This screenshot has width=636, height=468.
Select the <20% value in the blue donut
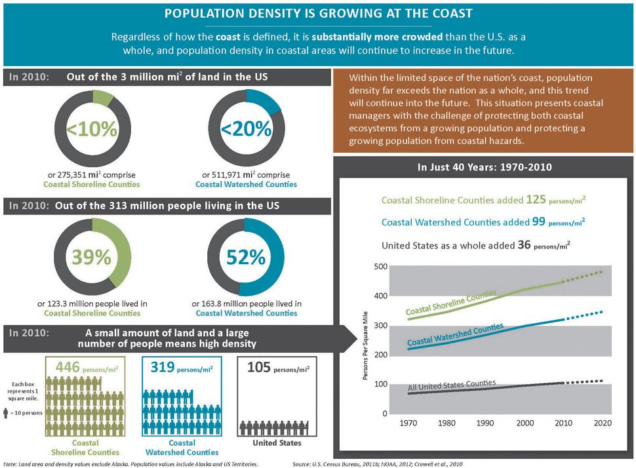click(246, 129)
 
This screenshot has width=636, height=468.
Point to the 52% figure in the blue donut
click(246, 258)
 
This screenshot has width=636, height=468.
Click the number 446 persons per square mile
click(69, 367)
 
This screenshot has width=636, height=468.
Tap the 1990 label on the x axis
click(485, 423)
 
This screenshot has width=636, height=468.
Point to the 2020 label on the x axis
click(602, 423)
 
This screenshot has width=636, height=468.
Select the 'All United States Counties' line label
click(452, 385)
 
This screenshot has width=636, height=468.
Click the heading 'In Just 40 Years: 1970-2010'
click(485, 167)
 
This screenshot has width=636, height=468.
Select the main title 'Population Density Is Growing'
click(317, 13)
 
